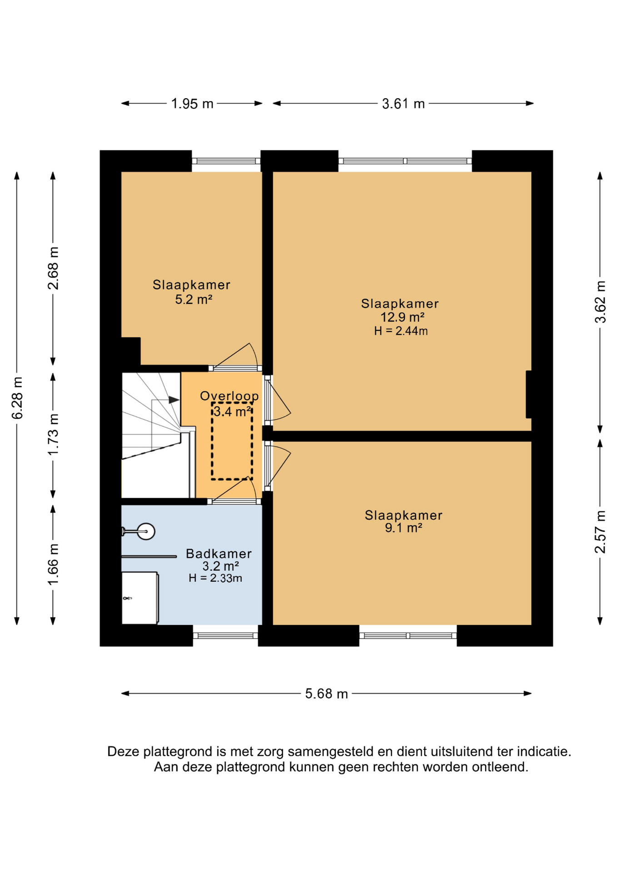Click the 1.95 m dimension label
tap(192, 104)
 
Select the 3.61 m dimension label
tap(403, 104)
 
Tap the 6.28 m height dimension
tap(17, 398)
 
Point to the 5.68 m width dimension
tap(326, 694)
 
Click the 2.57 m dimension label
tap(600, 532)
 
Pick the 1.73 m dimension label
tap(53, 435)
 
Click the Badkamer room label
tap(219, 554)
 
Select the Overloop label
tap(229, 396)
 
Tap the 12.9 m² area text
tap(402, 317)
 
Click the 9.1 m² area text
tap(403, 528)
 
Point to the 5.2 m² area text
tap(194, 299)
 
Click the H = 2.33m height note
tap(215, 578)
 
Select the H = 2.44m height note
tap(401, 331)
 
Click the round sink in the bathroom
tap(146, 531)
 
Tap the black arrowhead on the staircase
tap(174, 400)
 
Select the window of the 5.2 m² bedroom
tap(226, 161)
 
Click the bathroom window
tap(225, 636)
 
